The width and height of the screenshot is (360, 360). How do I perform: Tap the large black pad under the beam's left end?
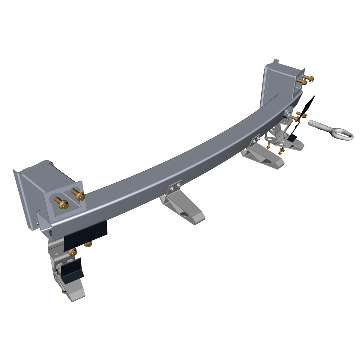point(86,234)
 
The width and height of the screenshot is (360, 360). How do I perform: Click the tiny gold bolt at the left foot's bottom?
point(64,291)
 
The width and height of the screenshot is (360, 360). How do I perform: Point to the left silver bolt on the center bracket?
point(172,189)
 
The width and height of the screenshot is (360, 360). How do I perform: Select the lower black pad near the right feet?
point(292,138)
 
